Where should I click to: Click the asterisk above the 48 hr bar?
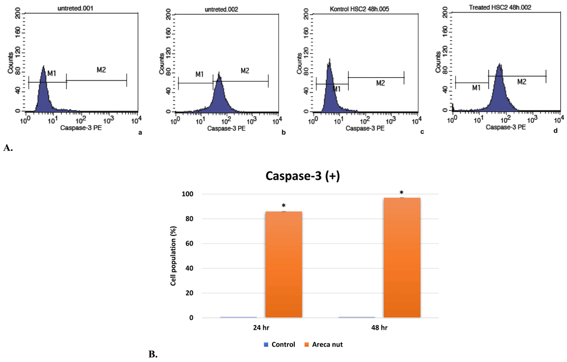coord(401,193)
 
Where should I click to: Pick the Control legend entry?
coord(279,345)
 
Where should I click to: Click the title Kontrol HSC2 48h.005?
coord(357,6)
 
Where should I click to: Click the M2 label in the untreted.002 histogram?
coord(245,71)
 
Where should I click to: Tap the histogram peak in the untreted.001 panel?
coord(43,68)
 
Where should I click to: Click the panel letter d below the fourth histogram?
coord(556,132)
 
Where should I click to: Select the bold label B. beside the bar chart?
coord(153,355)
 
